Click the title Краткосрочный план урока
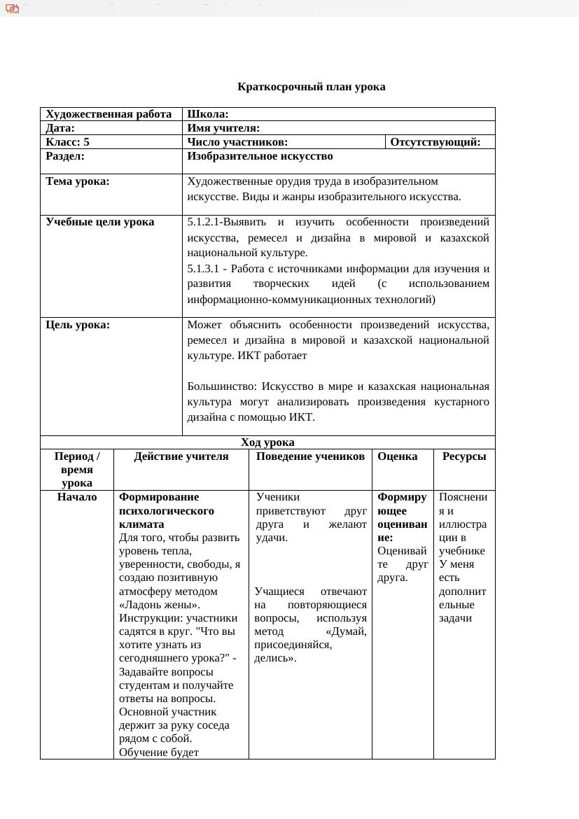point(311,87)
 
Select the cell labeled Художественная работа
point(109,114)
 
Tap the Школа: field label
point(208,114)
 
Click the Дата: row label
point(60,128)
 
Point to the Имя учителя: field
point(223,128)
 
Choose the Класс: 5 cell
point(67,142)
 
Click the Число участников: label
point(237,142)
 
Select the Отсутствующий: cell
point(435,142)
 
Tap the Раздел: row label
point(64,156)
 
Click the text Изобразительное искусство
point(260,156)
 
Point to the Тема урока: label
point(77,181)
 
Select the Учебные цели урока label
point(99,222)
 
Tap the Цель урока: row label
point(78,325)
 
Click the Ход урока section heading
point(267,442)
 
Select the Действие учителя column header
point(181,456)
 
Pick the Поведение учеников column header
point(310,456)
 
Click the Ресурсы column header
point(463,456)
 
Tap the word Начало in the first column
point(77,497)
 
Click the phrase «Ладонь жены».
point(159,605)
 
